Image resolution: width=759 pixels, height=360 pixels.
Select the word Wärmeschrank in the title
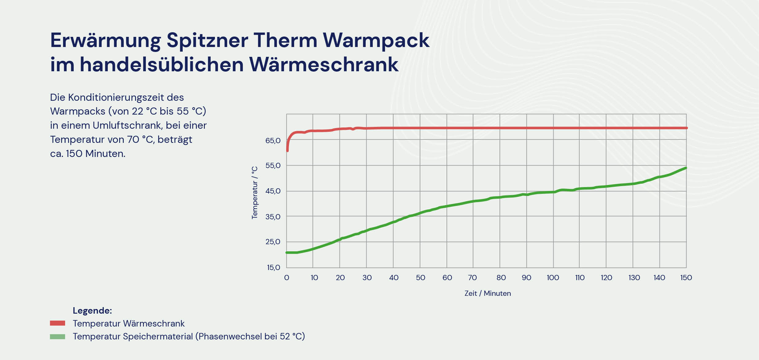[324, 65]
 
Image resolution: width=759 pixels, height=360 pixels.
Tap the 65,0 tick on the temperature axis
[273, 141]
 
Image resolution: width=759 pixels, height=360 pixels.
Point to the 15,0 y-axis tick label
[273, 268]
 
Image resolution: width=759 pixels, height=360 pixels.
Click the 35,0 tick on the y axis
[273, 217]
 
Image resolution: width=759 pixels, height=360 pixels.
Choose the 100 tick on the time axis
[553, 278]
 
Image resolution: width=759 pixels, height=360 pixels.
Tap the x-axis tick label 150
[686, 278]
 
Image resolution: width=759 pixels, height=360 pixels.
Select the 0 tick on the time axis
[286, 278]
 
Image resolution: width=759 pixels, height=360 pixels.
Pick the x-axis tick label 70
[472, 278]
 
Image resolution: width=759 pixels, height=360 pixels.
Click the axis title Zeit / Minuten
[488, 293]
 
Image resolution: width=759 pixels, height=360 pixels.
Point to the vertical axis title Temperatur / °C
[255, 193]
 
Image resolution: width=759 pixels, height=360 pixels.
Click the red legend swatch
[57, 323]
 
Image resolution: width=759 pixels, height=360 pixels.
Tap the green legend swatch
[57, 337]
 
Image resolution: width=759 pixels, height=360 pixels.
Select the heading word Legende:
[92, 311]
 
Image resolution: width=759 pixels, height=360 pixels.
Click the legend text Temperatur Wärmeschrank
[128, 323]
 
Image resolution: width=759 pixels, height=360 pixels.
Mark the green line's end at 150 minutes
[686, 168]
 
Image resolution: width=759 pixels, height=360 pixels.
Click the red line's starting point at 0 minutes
[287, 151]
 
